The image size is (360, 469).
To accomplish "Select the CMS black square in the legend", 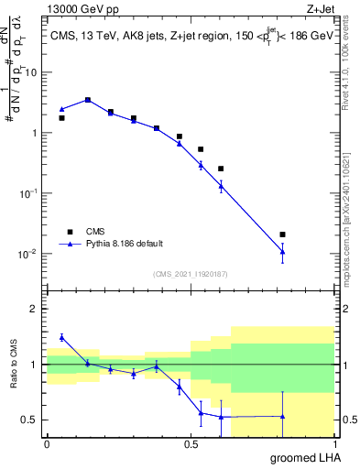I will [x=68, y=232].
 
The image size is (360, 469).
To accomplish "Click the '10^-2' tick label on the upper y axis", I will [x=29, y=254].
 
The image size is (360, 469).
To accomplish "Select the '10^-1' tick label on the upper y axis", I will [x=29, y=193].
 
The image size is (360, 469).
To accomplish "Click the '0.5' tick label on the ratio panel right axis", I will [x=348, y=420].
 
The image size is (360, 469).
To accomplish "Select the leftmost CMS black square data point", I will [x=61, y=118].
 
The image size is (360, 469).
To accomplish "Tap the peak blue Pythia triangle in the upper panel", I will [x=87, y=99].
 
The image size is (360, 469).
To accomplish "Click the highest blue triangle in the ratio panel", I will [x=61, y=337].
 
